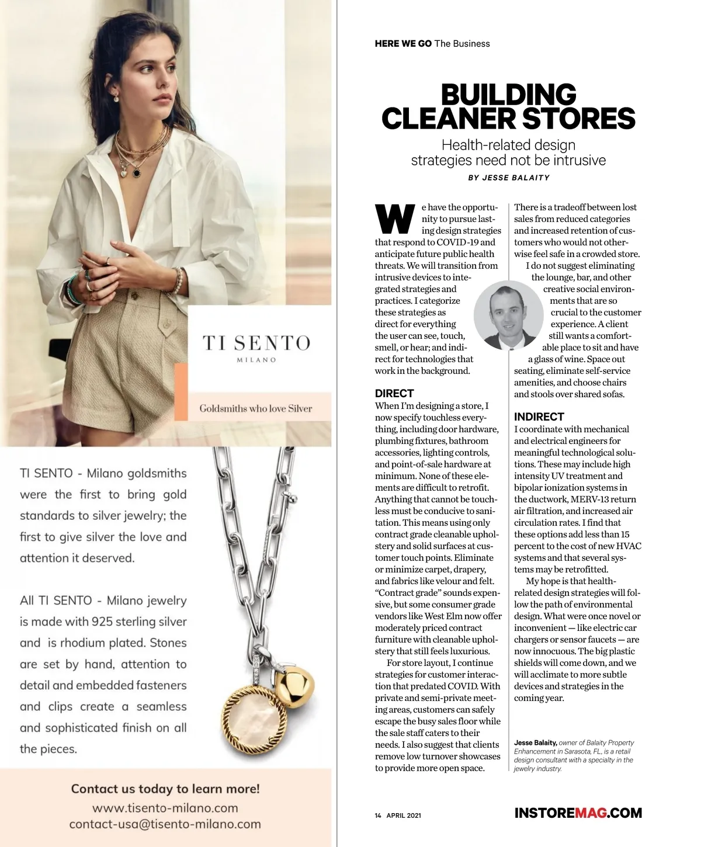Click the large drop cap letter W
point(395,219)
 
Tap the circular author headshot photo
point(504,315)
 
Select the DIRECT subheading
point(394,394)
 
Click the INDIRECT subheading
point(539,417)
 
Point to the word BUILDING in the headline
point(508,95)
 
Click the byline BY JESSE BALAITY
point(509,178)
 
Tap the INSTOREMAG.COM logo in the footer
point(578,813)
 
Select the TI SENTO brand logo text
point(256,343)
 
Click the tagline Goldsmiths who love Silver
point(256,408)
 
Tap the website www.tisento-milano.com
point(165,808)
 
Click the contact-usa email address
point(165,824)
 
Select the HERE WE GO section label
point(403,44)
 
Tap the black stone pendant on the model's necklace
point(137,173)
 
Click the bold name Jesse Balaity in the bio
point(536,743)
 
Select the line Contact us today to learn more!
point(165,789)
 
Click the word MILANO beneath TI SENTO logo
point(256,360)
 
